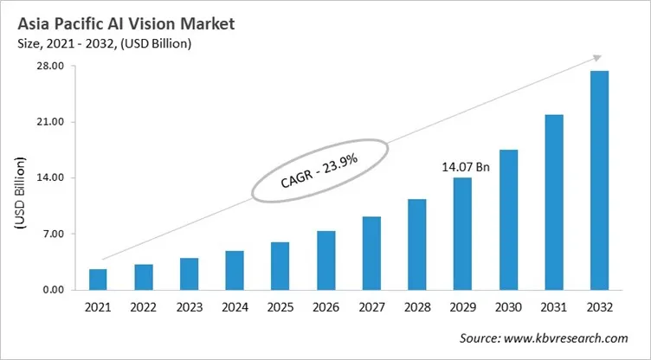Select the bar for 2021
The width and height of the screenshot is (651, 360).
coord(98,280)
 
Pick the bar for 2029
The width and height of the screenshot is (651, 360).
coord(462,234)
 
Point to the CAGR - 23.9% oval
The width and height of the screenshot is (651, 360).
coord(320,170)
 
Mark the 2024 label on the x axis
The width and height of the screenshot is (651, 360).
coord(235,306)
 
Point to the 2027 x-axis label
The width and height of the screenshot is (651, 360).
coord(371,306)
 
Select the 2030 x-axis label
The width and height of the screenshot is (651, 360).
coord(508,306)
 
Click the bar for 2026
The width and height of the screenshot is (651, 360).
coord(325,260)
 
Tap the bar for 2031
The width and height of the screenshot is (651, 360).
coord(553,202)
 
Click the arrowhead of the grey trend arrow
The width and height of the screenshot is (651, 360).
coord(596,58)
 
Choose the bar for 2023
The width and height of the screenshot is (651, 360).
coord(189,273)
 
